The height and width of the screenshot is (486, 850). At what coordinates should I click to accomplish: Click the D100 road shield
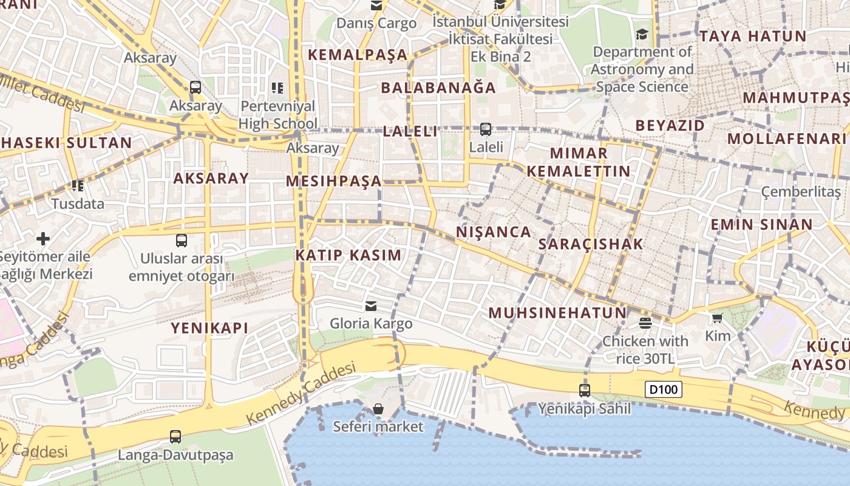[663, 389]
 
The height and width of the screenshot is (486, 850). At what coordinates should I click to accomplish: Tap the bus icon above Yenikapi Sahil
[585, 391]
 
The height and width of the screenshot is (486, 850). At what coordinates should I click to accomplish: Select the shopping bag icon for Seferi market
[378, 409]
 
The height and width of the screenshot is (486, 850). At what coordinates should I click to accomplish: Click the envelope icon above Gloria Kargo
[371, 306]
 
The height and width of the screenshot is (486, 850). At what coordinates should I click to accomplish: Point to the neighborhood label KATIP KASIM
[348, 255]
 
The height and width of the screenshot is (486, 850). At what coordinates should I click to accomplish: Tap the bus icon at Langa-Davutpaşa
[175, 436]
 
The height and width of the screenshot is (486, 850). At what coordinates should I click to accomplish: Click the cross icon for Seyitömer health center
[43, 238]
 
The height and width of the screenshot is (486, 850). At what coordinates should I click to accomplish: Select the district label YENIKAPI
[209, 328]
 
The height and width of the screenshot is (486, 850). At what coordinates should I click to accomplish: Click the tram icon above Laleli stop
[486, 129]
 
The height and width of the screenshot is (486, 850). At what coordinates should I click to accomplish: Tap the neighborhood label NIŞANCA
[494, 232]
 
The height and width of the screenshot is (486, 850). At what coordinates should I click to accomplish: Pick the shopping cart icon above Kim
[717, 318]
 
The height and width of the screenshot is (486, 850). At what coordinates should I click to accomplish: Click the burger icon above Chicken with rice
[645, 323]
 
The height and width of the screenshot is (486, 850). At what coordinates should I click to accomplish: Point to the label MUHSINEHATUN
[557, 313]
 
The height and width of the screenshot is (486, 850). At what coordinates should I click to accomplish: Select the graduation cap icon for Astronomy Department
[642, 34]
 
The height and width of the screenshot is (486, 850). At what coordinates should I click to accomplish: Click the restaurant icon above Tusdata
[78, 185]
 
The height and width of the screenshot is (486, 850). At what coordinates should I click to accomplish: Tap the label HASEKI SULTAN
[66, 143]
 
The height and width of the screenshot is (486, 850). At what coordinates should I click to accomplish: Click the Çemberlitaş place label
[801, 193]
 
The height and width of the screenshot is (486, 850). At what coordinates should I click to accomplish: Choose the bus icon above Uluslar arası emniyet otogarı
[181, 240]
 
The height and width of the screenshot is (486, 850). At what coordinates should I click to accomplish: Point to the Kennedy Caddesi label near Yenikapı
[301, 394]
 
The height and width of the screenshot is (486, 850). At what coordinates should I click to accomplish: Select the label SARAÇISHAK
[590, 244]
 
